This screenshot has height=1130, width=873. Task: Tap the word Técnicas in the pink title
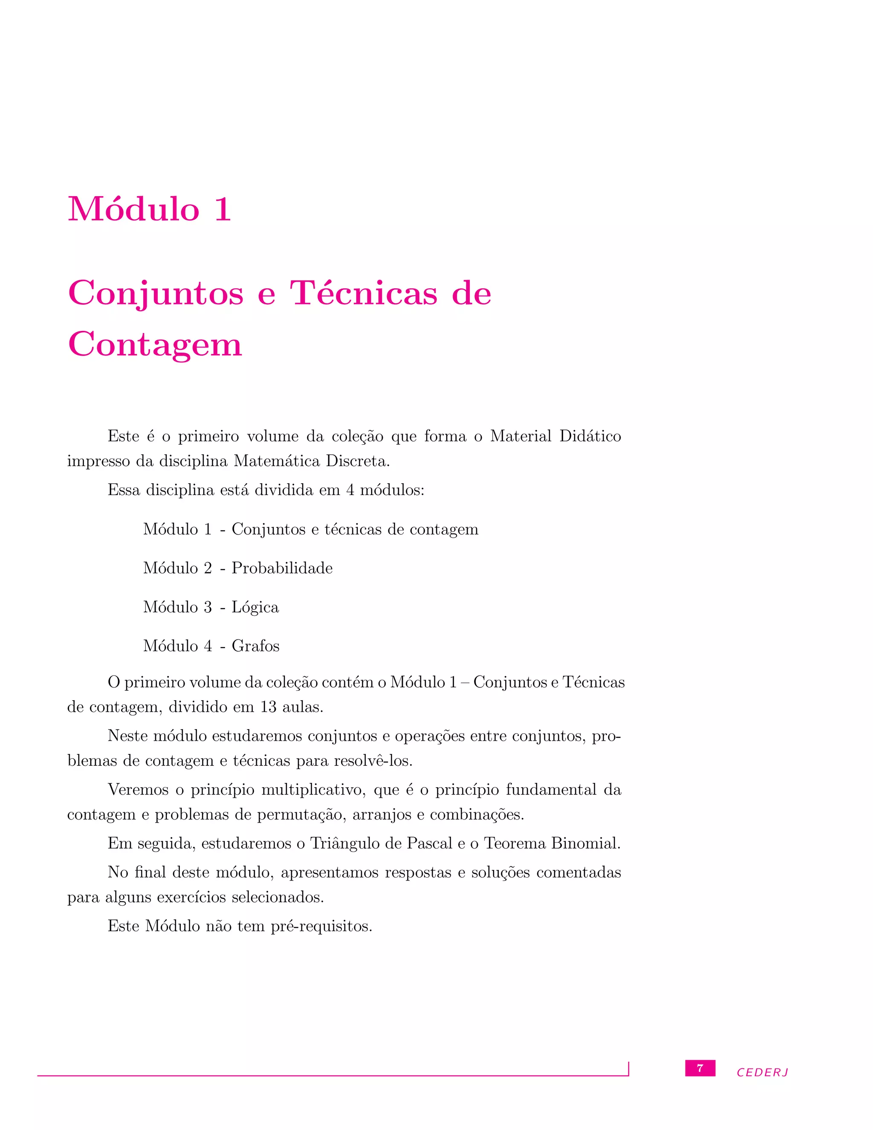click(364, 293)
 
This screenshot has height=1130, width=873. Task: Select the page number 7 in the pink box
click(700, 1068)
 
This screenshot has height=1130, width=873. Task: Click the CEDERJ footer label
click(762, 1072)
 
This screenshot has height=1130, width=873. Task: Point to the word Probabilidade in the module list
click(282, 568)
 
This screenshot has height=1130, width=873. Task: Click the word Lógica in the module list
click(255, 607)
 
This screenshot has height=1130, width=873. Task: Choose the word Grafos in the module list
click(255, 646)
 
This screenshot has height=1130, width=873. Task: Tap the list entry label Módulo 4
click(177, 646)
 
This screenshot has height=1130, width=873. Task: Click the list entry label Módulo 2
click(177, 568)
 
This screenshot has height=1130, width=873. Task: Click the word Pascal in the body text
click(429, 843)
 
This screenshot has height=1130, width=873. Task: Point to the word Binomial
click(585, 843)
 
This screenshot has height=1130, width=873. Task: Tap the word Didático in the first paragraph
click(590, 436)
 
